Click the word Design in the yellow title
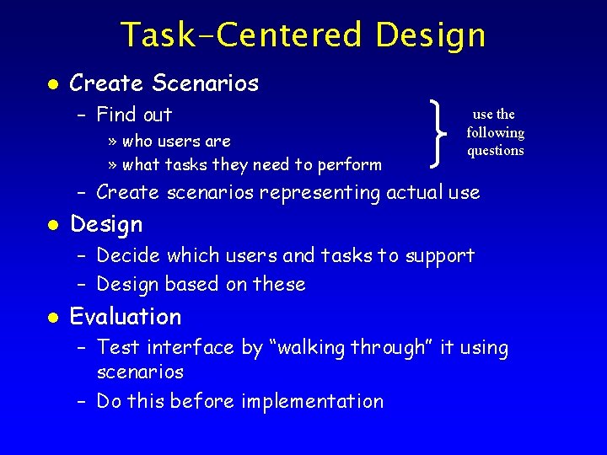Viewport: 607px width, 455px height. (431, 35)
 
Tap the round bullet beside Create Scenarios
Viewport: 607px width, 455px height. (52, 84)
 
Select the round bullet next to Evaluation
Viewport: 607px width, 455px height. (52, 318)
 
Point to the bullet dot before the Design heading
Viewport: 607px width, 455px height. (52, 225)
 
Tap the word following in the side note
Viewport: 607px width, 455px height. (495, 132)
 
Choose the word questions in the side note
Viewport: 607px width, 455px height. (495, 151)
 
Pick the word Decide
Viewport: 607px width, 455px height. (127, 255)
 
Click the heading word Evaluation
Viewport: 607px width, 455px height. (126, 317)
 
